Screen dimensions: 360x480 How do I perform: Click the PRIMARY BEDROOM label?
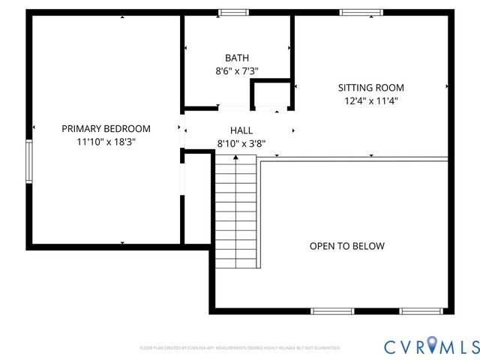click(x=106, y=128)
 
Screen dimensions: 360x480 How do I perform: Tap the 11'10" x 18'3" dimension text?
click(x=106, y=141)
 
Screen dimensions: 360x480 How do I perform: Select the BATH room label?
click(x=237, y=58)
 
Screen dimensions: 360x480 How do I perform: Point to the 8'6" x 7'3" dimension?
click(x=237, y=72)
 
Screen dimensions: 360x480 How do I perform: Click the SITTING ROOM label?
click(x=370, y=87)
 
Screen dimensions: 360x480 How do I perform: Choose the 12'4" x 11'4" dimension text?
click(x=370, y=100)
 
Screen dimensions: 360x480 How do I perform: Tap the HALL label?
click(x=241, y=130)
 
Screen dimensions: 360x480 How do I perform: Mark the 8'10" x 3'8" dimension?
click(x=241, y=143)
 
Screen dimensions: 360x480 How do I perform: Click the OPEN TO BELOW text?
click(x=347, y=246)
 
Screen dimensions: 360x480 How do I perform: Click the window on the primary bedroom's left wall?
click(x=29, y=160)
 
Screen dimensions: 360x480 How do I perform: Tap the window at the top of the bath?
click(x=234, y=12)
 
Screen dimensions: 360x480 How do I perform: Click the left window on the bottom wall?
click(x=332, y=310)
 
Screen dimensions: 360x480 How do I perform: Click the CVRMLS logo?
click(x=430, y=346)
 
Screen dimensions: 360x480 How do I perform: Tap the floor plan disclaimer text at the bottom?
click(x=240, y=348)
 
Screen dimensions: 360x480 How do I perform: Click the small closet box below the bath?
click(x=270, y=97)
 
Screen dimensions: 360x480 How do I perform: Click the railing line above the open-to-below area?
click(x=352, y=158)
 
